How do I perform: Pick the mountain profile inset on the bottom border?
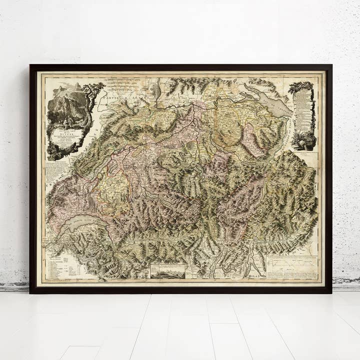pyautogui.click(x=168, y=271)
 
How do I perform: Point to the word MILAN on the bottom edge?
pyautogui.click(x=253, y=276)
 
